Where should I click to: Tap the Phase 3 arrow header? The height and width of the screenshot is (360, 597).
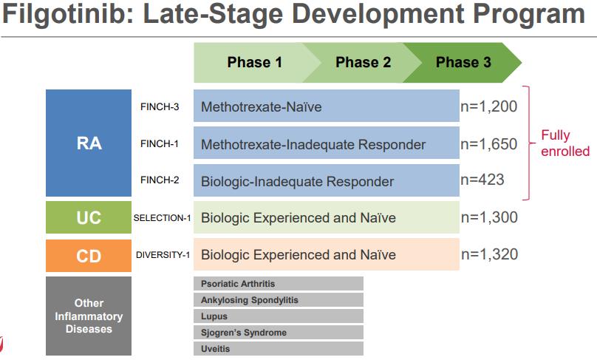pyautogui.click(x=463, y=63)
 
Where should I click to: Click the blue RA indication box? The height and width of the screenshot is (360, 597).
pyautogui.click(x=89, y=143)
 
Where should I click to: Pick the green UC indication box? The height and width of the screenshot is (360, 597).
pyautogui.click(x=89, y=217)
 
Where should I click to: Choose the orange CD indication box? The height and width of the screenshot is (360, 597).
pyautogui.click(x=89, y=256)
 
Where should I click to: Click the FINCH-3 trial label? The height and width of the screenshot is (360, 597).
pyautogui.click(x=160, y=106)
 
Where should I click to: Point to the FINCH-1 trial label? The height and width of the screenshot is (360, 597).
pyautogui.click(x=159, y=143)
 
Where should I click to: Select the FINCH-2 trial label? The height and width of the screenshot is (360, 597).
pyautogui.click(x=160, y=180)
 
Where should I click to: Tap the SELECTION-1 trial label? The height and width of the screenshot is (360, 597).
pyautogui.click(x=163, y=218)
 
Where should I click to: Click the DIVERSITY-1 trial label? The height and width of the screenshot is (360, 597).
pyautogui.click(x=163, y=255)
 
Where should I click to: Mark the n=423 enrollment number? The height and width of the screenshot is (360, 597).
pyautogui.click(x=482, y=180)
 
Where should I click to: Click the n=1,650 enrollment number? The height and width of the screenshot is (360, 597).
pyautogui.click(x=489, y=144)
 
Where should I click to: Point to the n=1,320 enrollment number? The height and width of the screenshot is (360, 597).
pyautogui.click(x=490, y=254)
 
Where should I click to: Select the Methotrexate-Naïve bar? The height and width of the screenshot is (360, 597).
pyautogui.click(x=327, y=106)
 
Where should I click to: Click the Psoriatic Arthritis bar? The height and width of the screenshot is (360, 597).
pyautogui.click(x=279, y=284)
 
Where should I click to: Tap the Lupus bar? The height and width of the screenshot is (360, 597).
pyautogui.click(x=279, y=316)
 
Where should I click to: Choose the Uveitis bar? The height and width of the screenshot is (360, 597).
pyautogui.click(x=279, y=349)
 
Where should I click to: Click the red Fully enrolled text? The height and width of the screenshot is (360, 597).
pyautogui.click(x=565, y=143)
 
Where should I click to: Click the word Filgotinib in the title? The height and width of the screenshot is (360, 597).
pyautogui.click(x=68, y=14)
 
